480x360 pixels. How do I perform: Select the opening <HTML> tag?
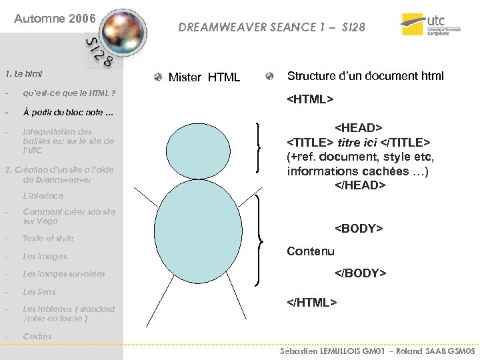[310, 100]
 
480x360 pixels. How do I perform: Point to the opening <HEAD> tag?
[359, 127]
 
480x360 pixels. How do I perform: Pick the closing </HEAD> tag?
[360, 185]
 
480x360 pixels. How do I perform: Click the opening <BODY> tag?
[359, 229]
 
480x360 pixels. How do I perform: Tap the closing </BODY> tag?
[360, 273]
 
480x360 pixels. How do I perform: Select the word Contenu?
[311, 251]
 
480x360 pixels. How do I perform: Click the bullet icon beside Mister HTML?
[157, 77]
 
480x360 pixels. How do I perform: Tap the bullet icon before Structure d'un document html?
[269, 76]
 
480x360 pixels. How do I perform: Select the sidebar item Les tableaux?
[68, 313]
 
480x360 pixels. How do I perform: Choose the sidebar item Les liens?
[39, 291]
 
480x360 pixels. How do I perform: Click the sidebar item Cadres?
[37, 336]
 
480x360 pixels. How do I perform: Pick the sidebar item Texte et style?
[48, 238]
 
